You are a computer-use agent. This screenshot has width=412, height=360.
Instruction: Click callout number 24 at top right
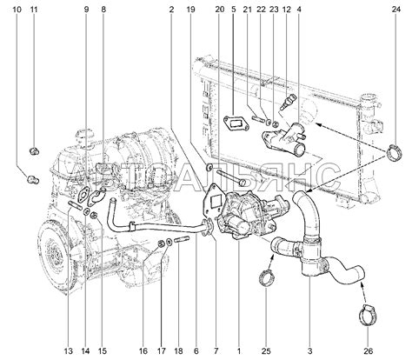coord(395,10)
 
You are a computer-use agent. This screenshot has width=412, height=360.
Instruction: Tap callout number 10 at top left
coord(17,10)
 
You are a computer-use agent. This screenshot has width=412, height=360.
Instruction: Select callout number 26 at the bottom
coord(369,351)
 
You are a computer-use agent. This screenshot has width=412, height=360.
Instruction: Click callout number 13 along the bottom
coord(69,351)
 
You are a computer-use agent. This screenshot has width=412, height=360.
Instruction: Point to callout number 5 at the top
coord(234,10)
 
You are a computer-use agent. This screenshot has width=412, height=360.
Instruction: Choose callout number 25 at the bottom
coord(266,351)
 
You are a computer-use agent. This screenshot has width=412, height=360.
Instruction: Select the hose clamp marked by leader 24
coord(395,152)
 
